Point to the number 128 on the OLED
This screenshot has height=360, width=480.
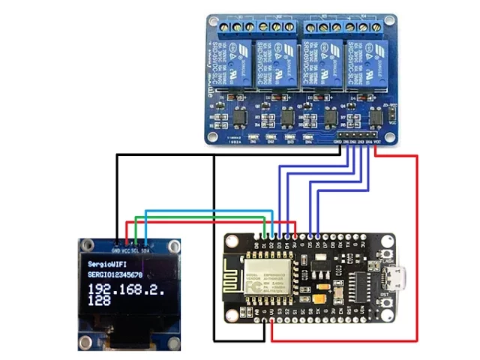click(x=100, y=301)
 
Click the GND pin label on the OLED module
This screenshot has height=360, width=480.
click(x=116, y=250)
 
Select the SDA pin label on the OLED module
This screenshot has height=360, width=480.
click(x=145, y=250)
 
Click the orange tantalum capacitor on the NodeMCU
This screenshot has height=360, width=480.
click(x=322, y=288)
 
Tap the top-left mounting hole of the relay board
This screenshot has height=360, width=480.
click(x=213, y=23)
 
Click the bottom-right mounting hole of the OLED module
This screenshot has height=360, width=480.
click(x=173, y=344)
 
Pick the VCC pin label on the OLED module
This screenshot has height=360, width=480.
click(x=126, y=250)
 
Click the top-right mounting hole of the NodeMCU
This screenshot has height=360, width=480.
click(x=388, y=239)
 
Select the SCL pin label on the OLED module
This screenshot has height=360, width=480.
click(x=136, y=250)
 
